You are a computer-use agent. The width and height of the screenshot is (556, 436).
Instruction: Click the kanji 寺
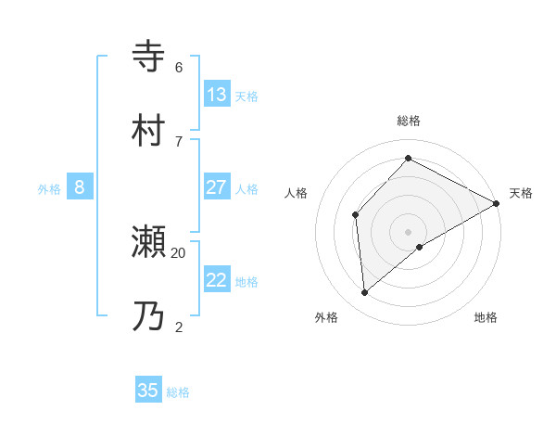click(x=149, y=56)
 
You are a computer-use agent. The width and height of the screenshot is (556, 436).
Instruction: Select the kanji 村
click(x=149, y=130)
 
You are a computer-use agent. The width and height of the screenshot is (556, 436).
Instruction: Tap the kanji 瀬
click(x=149, y=242)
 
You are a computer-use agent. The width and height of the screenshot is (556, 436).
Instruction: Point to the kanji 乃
click(x=149, y=316)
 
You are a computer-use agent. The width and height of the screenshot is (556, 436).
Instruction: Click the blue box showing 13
click(x=217, y=95)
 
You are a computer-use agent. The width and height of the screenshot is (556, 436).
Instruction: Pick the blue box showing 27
click(x=217, y=187)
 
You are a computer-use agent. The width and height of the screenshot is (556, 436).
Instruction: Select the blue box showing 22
click(x=217, y=280)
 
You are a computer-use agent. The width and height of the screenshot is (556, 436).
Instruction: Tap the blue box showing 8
click(x=80, y=187)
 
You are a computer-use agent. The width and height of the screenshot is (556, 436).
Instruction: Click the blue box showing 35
click(x=148, y=391)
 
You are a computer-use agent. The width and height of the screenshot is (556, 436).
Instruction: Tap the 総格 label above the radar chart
click(x=409, y=121)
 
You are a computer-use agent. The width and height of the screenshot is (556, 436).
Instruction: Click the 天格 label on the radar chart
click(x=521, y=193)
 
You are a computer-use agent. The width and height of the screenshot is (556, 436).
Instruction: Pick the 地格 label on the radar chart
click(x=486, y=318)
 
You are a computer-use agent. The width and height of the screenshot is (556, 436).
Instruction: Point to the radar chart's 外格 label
click(x=326, y=318)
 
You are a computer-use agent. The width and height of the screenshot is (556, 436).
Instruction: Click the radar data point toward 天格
click(x=497, y=203)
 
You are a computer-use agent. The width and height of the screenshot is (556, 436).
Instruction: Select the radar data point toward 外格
click(x=365, y=293)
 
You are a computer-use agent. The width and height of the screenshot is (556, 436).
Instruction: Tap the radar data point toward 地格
click(x=420, y=247)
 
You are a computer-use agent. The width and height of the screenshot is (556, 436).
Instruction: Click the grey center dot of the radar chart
click(x=409, y=231)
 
